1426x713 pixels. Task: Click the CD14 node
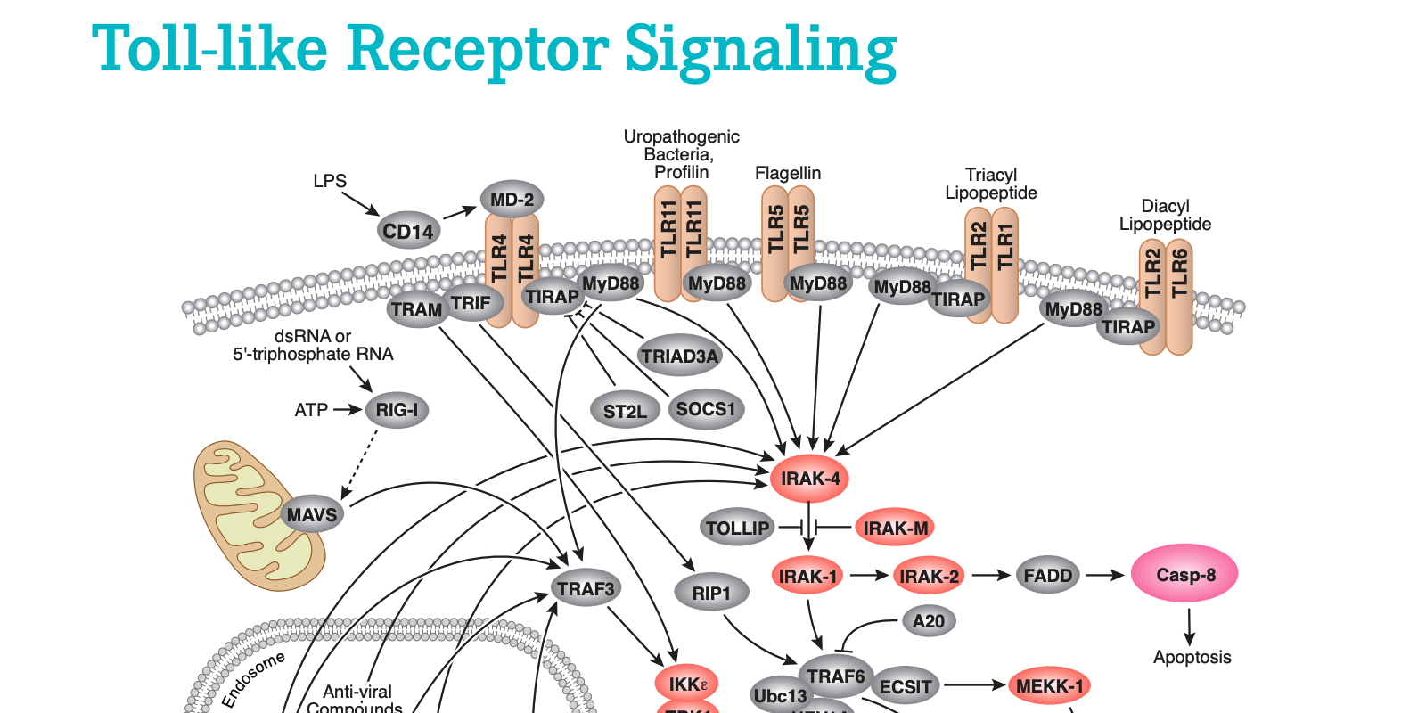pos(408,232)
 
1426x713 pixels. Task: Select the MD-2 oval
pos(512,200)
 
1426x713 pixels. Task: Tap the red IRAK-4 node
pos(809,479)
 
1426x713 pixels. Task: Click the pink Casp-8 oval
pos(1184,575)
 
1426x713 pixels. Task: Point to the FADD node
pos(1047,576)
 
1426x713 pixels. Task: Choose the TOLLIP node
pos(737,528)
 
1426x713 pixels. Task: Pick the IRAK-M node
pos(896,528)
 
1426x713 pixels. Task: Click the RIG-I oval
pos(397,410)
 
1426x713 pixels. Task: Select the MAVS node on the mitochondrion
pos(311,514)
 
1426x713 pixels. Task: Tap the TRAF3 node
pos(586,589)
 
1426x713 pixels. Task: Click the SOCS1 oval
pos(705,409)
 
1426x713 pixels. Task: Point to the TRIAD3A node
pos(679,356)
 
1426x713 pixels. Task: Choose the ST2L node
pos(625,411)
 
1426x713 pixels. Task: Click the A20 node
pos(928,621)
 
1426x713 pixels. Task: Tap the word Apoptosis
pos(1192,658)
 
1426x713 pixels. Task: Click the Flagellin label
pos(788,173)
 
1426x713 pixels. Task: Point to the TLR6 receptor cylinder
pos(1179,294)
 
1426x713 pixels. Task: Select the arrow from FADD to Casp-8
pos(1105,576)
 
